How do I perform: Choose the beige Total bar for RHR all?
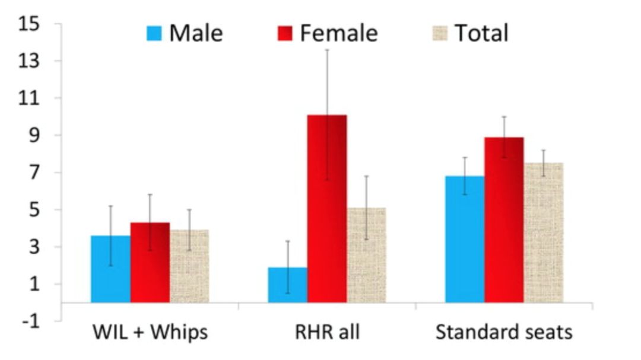tap(366, 256)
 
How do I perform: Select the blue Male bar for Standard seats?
tap(465, 240)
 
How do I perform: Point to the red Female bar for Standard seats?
tap(504, 220)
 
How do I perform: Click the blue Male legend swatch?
tap(154, 33)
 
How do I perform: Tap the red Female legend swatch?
tap(285, 33)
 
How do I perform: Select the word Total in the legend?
tap(481, 33)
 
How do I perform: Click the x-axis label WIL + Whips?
tap(150, 332)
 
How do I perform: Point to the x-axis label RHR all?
tap(327, 332)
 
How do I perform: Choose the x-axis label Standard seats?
tap(504, 332)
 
